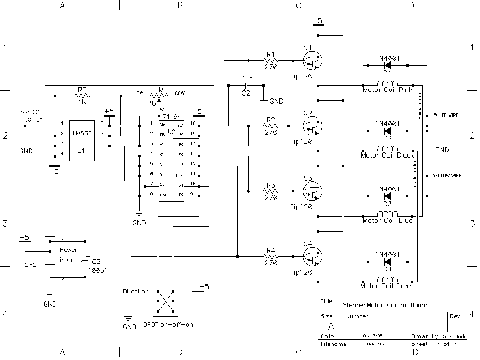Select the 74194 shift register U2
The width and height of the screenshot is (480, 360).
click(171, 159)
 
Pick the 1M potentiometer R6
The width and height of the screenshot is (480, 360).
click(159, 96)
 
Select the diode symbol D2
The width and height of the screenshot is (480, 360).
click(388, 131)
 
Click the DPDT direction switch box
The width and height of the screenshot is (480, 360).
click(165, 301)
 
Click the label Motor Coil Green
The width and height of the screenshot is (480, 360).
click(387, 286)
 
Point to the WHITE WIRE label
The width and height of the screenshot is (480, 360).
click(446, 115)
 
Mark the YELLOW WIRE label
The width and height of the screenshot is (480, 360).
click(447, 176)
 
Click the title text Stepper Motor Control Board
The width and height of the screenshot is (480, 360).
click(385, 305)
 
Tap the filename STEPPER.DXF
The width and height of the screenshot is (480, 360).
click(374, 344)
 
